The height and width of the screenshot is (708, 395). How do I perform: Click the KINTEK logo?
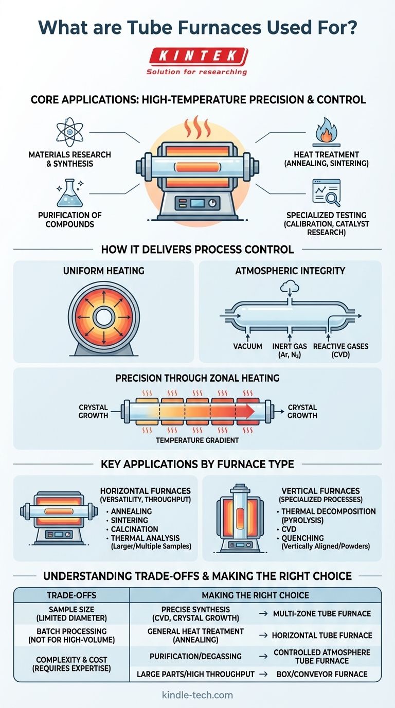[x=197, y=56]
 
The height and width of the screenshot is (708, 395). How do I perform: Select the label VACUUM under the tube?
[x=247, y=346]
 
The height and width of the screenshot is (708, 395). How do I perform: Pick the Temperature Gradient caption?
[x=197, y=440]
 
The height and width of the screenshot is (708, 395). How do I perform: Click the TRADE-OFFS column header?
[x=71, y=595]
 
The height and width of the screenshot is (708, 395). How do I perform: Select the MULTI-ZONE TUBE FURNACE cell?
[x=322, y=613]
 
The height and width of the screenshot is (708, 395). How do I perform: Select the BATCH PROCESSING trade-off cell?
[x=71, y=635]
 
